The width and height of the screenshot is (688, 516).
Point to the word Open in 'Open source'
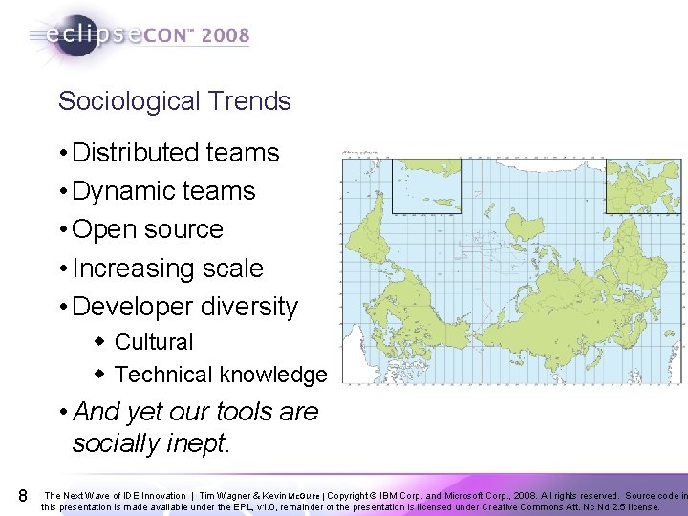100,229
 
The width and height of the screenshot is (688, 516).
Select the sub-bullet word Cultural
154,342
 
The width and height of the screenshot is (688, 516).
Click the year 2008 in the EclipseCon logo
226,36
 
